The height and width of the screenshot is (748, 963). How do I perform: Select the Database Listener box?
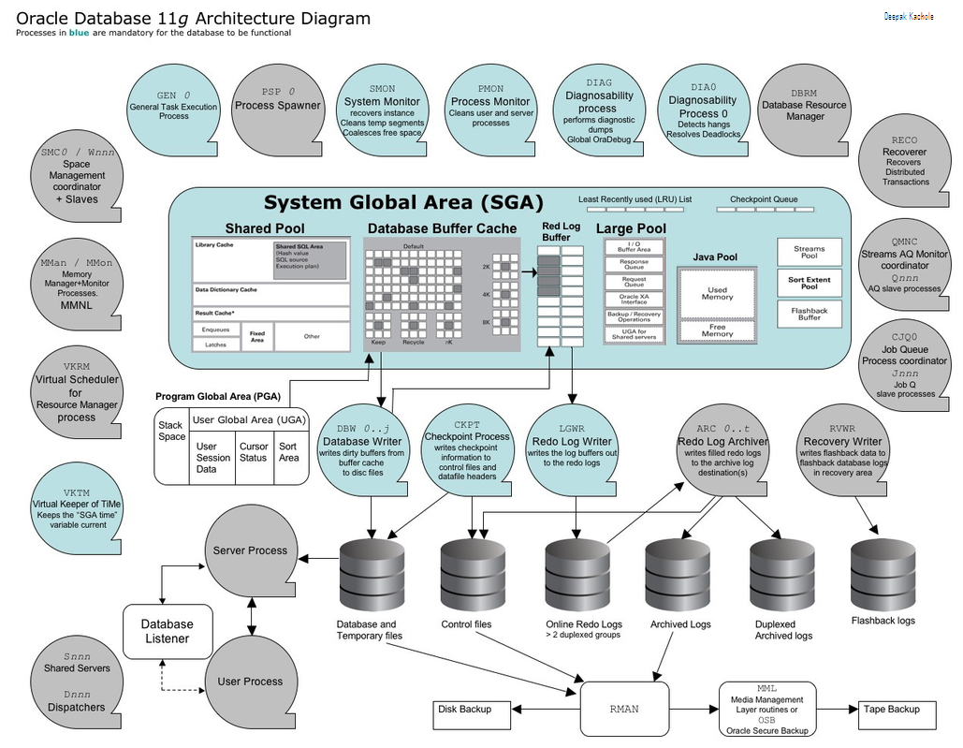pyautogui.click(x=167, y=631)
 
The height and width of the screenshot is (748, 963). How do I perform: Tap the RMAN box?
pyautogui.click(x=624, y=709)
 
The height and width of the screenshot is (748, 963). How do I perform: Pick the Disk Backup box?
pyautogui.click(x=474, y=710)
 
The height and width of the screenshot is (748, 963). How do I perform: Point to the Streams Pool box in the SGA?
pyautogui.click(x=809, y=252)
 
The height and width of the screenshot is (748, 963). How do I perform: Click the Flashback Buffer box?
pyautogui.click(x=809, y=314)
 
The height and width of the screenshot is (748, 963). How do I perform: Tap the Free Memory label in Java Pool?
pyautogui.click(x=717, y=330)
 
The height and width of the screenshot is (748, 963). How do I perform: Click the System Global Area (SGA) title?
pyautogui.click(x=403, y=203)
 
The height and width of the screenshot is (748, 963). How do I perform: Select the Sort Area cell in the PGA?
pyautogui.click(x=289, y=452)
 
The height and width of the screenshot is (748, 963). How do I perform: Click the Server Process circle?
pyautogui.click(x=250, y=550)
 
